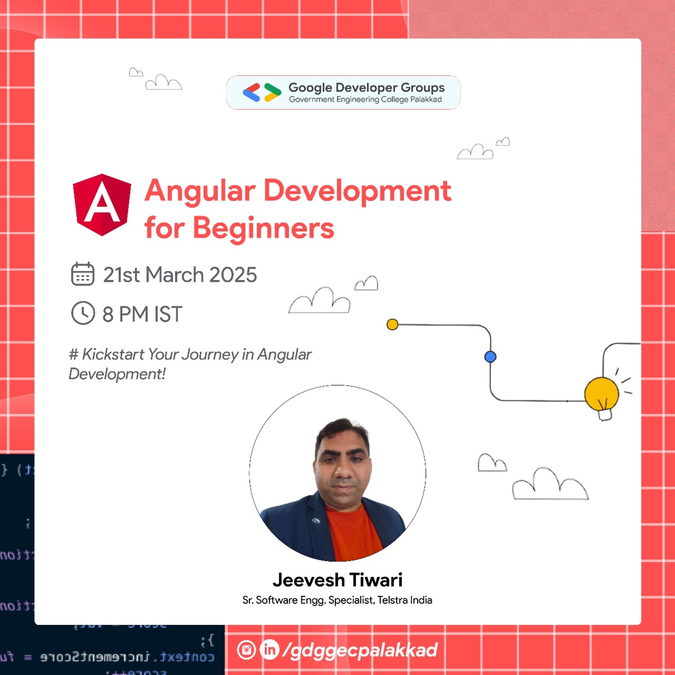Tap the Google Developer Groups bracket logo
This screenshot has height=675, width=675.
[262, 92]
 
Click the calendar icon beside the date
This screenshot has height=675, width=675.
[83, 274]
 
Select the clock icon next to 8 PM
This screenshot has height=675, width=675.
[83, 313]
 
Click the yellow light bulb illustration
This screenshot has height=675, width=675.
[602, 395]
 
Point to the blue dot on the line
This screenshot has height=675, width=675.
[491, 357]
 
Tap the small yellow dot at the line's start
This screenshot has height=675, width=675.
[392, 324]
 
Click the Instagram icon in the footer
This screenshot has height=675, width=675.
[246, 650]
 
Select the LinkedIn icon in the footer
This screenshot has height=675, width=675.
[269, 649]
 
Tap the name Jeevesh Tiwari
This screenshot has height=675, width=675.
[337, 580]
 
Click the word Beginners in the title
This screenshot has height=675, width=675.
[263, 228]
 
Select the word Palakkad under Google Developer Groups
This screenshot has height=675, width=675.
[426, 100]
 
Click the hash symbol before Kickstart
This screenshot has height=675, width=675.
[73, 354]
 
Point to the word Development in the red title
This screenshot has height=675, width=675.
[357, 191]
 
